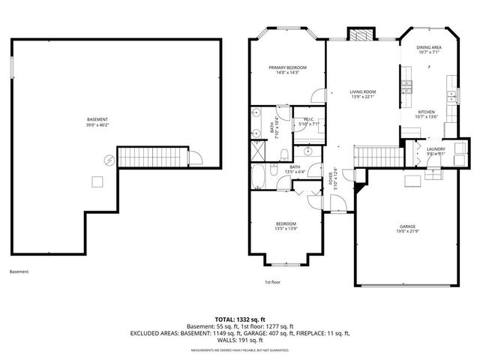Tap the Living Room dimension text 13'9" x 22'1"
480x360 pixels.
[362, 97]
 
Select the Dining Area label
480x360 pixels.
[428, 47]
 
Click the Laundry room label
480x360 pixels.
[436, 149]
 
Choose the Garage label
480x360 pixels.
[408, 226]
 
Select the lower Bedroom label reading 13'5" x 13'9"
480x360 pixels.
[285, 229]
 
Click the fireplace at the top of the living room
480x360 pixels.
[358, 35]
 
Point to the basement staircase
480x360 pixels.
[151, 157]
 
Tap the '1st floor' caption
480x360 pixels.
[272, 282]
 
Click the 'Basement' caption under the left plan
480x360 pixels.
[20, 271]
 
